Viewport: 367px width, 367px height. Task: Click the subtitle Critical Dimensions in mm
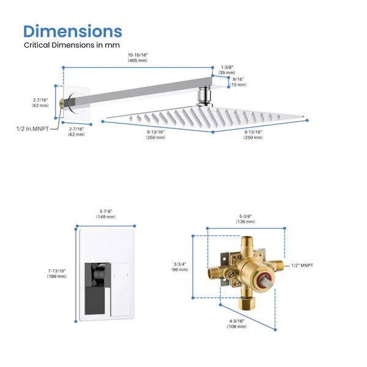point(72,45)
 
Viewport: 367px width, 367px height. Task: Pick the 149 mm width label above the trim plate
point(106,213)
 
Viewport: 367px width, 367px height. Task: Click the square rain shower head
point(205,116)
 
